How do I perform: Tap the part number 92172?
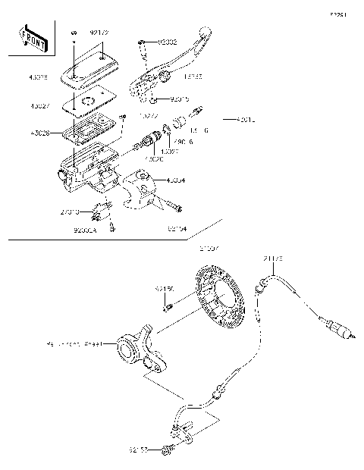[x=100, y=33]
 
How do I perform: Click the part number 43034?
[x=176, y=180]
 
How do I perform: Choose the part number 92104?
[x=176, y=227]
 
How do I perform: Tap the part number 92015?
[x=179, y=99]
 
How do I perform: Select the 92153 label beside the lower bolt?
[x=138, y=450]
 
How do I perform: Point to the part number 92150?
[x=165, y=289]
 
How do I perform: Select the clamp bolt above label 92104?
[x=176, y=206]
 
